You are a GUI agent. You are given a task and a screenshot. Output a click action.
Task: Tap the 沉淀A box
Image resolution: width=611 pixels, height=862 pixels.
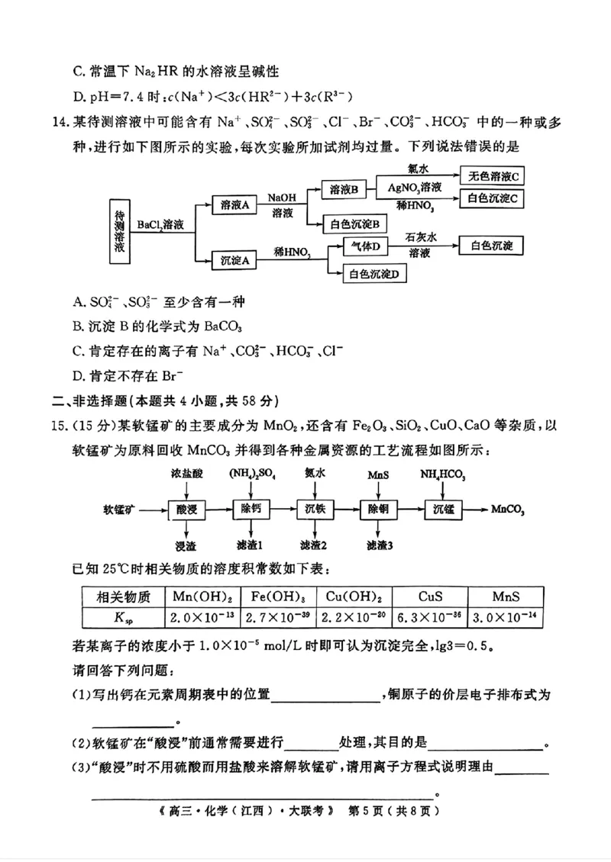tap(235, 261)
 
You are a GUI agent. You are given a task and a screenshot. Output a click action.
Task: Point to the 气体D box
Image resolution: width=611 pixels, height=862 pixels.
tap(366, 246)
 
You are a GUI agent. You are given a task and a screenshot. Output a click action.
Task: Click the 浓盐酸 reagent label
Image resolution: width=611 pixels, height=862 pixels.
tap(186, 474)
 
